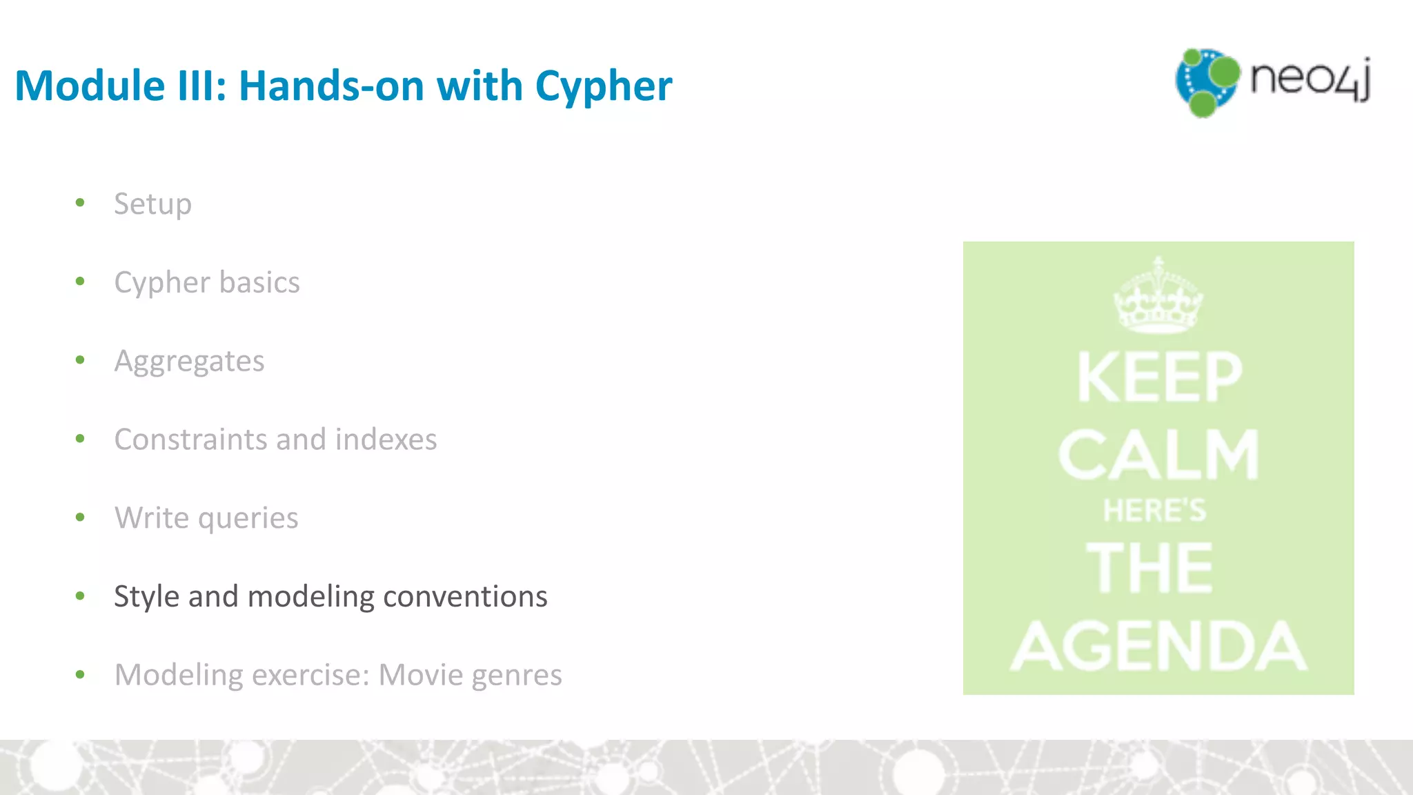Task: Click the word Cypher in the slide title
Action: tap(603, 87)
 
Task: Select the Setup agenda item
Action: tap(152, 204)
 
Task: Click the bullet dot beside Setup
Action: tap(80, 203)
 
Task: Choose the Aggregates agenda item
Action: tap(189, 362)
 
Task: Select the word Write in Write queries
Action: tap(151, 518)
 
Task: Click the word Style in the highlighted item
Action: tap(146, 597)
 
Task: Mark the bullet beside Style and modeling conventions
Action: tap(80, 596)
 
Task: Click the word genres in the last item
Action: tap(517, 675)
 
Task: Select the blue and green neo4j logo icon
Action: tap(1206, 82)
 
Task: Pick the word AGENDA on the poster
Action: tap(1158, 646)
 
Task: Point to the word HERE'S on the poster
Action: tap(1155, 511)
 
